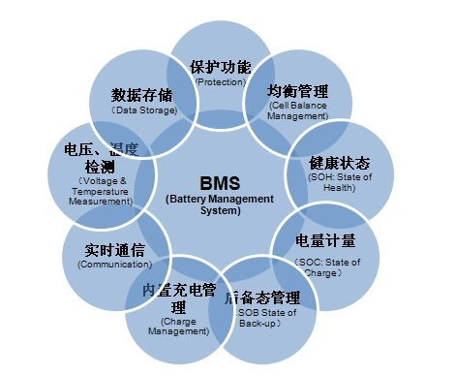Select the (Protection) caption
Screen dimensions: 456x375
221,82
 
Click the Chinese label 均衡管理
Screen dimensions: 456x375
298,92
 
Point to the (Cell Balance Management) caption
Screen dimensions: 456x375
298,111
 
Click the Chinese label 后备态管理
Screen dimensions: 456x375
261,297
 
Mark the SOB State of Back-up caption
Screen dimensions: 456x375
261,317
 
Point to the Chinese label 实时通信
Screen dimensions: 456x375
115,250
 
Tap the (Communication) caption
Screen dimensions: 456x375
115,265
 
